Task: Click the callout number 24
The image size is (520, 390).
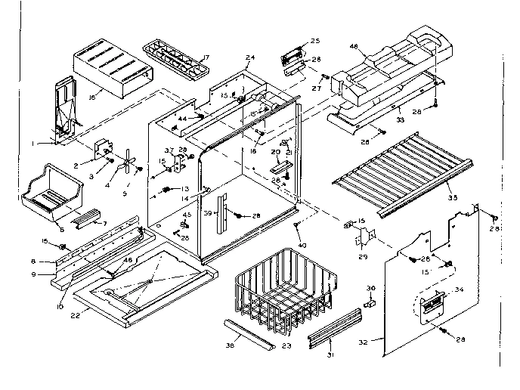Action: coord(250,57)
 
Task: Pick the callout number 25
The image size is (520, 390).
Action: coord(315,40)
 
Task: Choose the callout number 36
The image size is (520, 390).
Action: coord(370,287)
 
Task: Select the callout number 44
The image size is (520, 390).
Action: coord(182,119)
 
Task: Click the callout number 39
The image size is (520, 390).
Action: coord(207,215)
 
